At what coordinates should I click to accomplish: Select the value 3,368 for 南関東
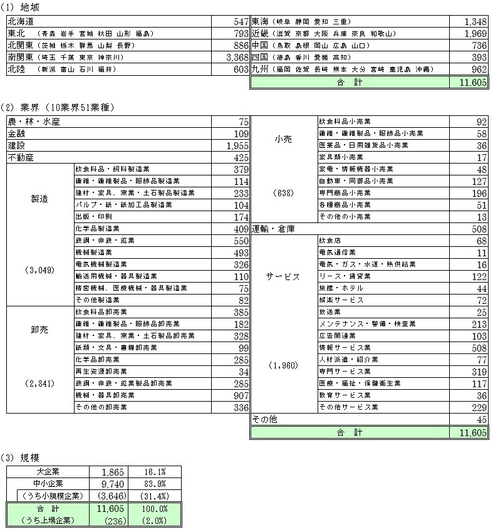[x=236, y=58]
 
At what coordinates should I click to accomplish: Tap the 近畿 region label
[x=260, y=33]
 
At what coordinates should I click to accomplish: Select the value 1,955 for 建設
[x=236, y=145]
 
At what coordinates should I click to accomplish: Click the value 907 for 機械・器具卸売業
[x=239, y=395]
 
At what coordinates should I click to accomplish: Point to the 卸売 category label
[x=39, y=330]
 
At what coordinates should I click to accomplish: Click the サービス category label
[x=283, y=276]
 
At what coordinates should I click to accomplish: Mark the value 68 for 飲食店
[x=480, y=240]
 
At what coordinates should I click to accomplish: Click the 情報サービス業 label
[x=345, y=347]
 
